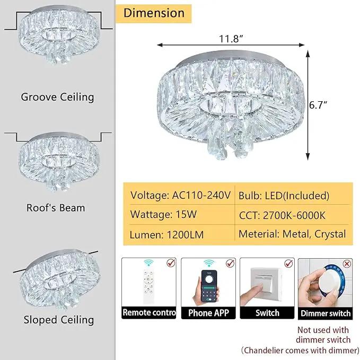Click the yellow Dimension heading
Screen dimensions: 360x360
[154, 13]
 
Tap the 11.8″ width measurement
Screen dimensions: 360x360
[231, 39]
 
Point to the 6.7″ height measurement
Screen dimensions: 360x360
[318, 105]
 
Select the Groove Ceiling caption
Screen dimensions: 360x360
[57, 97]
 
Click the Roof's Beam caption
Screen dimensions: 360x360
[56, 208]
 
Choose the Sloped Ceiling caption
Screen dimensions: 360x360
[59, 320]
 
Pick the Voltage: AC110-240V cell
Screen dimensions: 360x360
[180, 196]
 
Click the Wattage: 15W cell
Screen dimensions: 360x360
[163, 214]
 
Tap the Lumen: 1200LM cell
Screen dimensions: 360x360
[166, 235]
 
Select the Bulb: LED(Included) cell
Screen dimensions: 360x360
[284, 196]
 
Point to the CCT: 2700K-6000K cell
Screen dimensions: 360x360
[282, 215]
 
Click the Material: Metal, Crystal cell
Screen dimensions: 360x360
[292, 234]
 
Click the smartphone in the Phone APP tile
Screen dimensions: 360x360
[209, 286]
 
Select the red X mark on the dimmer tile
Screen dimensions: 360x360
[347, 264]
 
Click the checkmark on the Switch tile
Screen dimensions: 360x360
[288, 263]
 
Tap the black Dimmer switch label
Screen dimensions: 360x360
[326, 313]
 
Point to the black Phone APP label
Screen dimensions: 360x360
[208, 313]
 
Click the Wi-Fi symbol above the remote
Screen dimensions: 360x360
[149, 262]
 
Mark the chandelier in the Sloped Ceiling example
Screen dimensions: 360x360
[60, 278]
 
